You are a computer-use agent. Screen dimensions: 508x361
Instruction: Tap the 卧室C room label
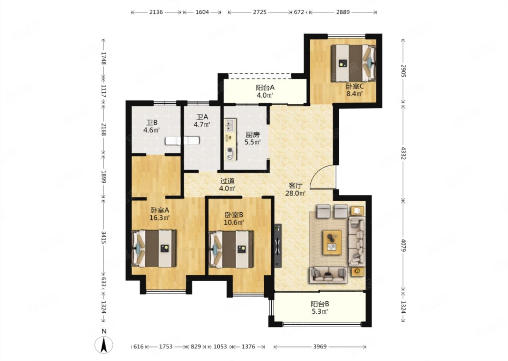coord(355,90)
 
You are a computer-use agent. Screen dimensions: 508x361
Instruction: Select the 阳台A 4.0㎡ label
coord(265,91)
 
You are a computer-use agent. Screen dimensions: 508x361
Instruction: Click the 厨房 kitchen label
coord(253,139)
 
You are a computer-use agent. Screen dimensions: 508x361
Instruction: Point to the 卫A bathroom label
coord(202,121)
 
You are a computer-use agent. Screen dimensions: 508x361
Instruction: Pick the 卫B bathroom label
coord(151,127)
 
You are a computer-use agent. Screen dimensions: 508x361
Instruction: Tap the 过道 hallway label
coord(227,184)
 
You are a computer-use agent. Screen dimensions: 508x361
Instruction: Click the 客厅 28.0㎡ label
coord(295,189)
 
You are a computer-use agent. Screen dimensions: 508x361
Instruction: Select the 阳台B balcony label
coord(320,307)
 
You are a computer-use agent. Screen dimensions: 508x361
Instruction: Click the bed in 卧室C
coord(353,63)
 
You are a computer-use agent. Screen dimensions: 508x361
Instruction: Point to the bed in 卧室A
coord(154,249)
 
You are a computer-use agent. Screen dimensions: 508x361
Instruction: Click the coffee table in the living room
coord(332,243)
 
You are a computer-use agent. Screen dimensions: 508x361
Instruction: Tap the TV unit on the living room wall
coord(278,246)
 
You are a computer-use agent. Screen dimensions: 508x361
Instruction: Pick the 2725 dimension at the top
coord(260,12)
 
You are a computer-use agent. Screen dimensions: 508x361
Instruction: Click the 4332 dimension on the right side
coord(403,153)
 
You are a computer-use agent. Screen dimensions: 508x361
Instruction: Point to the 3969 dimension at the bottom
coord(320,347)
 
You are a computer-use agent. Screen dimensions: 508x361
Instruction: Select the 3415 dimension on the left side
coord(104,237)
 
